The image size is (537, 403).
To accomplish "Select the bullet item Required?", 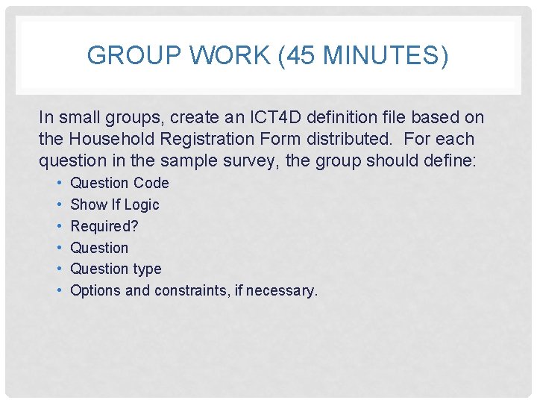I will pos(104,226).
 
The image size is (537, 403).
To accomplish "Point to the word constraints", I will pos(189,290).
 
